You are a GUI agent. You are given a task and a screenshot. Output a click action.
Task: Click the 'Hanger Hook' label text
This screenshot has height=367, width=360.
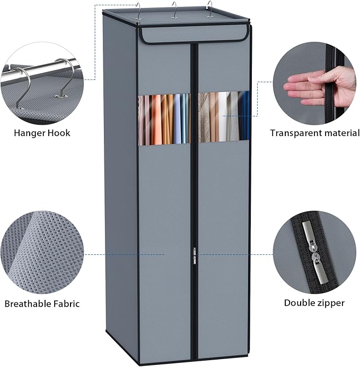tap(42, 132)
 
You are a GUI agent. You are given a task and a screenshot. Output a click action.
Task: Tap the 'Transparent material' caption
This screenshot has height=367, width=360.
tap(314, 132)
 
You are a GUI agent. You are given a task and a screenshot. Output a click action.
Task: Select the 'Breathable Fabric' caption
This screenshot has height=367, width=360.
tap(42, 304)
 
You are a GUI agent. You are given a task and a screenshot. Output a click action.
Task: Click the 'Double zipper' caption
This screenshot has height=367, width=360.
tap(314, 303)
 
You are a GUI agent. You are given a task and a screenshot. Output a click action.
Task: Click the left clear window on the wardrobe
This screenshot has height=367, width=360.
tap(164, 119)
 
